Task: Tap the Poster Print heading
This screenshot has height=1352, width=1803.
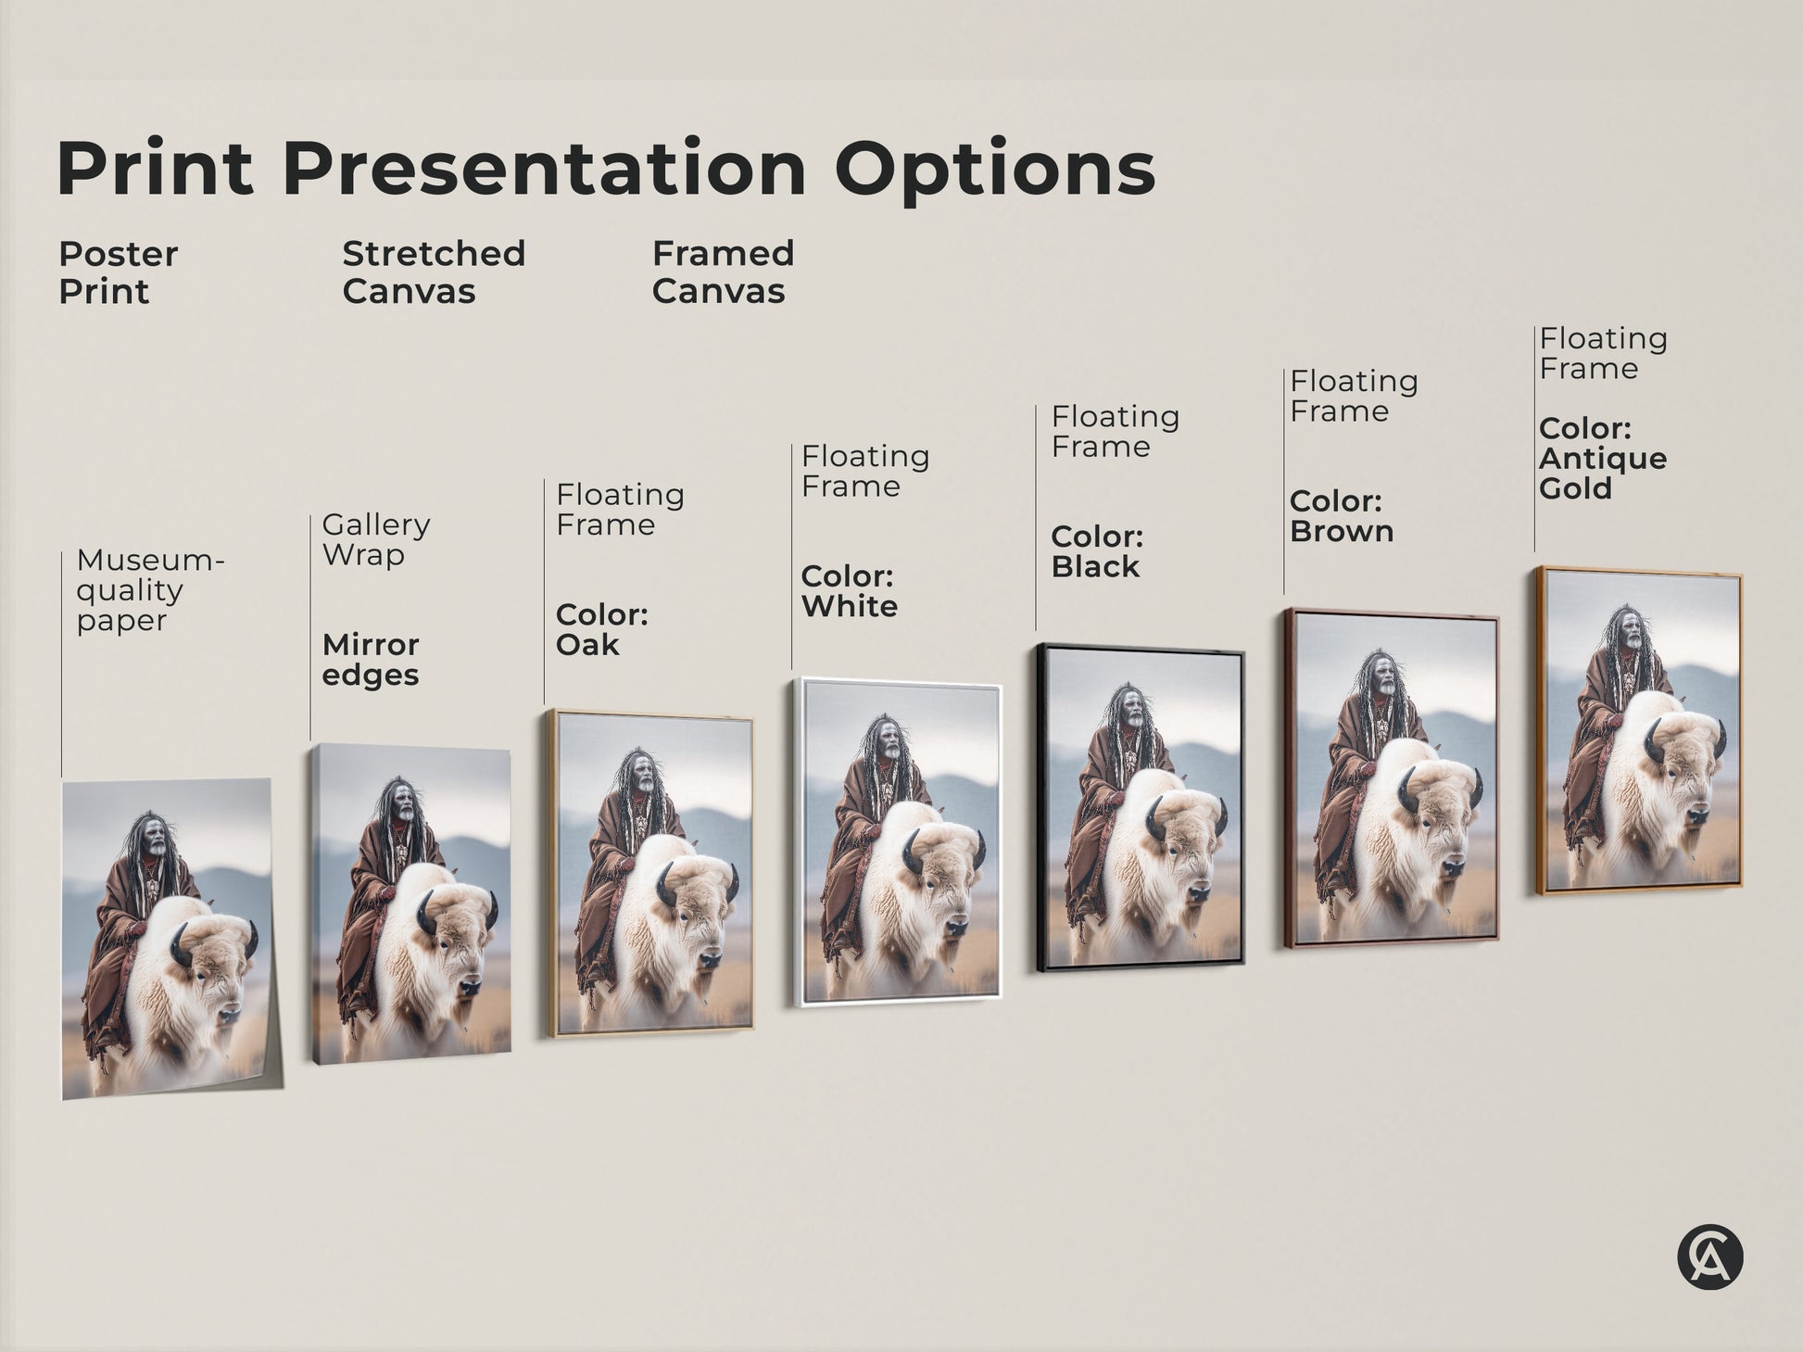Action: click(x=118, y=272)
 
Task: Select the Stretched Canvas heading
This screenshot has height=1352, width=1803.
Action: click(x=434, y=272)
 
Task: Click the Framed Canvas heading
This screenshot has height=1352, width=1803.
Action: click(x=723, y=272)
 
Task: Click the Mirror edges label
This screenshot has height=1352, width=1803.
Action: click(x=371, y=660)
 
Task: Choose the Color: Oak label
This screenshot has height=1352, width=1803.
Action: click(x=601, y=630)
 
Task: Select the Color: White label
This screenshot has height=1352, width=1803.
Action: click(x=849, y=591)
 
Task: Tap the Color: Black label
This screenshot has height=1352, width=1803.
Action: click(x=1097, y=551)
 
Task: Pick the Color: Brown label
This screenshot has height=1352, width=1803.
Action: click(x=1342, y=516)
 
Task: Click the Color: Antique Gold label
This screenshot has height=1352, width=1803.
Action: click(x=1603, y=459)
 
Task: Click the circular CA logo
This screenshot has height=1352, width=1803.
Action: click(x=1709, y=1258)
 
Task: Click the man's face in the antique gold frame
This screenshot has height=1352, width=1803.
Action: click(x=1631, y=635)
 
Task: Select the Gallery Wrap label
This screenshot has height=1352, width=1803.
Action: click(x=375, y=539)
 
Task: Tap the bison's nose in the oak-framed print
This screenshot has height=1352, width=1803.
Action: click(x=710, y=959)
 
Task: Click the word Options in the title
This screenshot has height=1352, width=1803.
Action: click(x=994, y=169)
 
